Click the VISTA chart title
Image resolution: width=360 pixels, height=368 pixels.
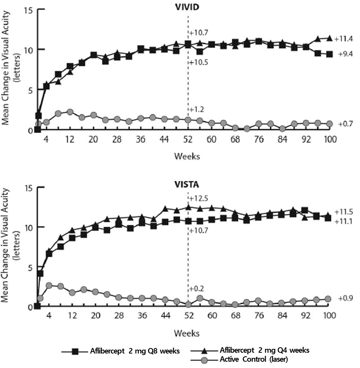point(187,184)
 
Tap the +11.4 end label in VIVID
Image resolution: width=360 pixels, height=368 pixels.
point(344,39)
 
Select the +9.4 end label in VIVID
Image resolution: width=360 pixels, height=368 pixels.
point(345,54)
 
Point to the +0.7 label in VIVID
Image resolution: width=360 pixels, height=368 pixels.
point(345,124)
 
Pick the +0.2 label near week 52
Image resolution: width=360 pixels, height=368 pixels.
point(197,289)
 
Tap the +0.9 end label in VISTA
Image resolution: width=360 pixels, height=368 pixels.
point(345,298)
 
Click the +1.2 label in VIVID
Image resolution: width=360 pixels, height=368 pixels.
point(197,110)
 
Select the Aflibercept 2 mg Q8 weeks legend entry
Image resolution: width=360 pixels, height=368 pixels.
point(121,351)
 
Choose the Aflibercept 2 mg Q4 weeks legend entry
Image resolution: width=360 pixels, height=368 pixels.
point(250,350)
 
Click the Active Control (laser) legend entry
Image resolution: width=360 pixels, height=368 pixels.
point(239,359)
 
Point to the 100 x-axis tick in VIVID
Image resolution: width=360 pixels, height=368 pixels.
point(330,139)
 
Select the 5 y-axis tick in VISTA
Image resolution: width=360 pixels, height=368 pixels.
point(30,267)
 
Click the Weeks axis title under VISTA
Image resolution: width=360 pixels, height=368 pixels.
point(187,333)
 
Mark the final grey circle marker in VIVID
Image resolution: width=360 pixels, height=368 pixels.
point(329,124)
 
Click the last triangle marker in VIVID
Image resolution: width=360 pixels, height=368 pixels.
point(329,38)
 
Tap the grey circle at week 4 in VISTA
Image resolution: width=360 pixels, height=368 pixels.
point(49,285)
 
